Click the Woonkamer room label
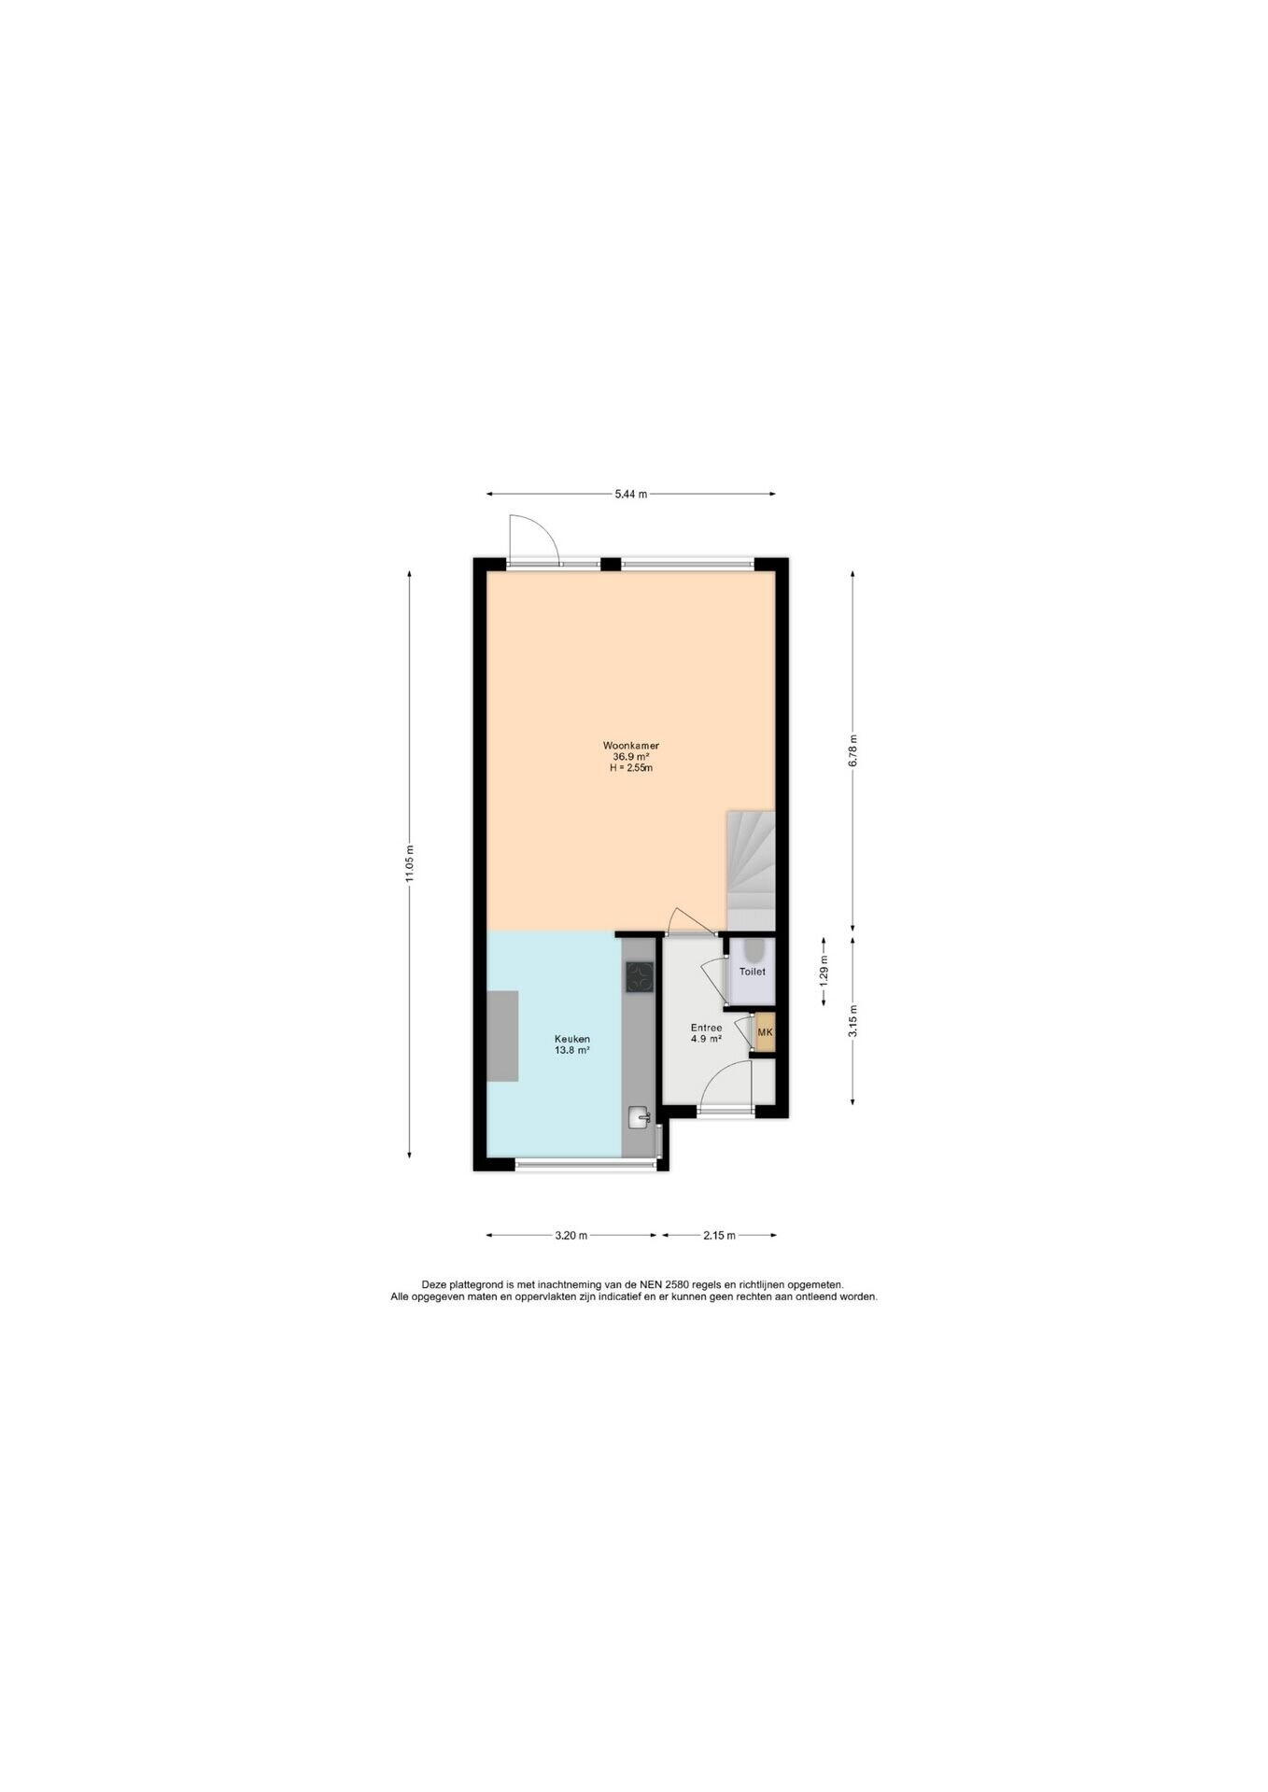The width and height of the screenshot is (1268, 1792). (631, 746)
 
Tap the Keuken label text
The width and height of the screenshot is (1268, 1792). (572, 1039)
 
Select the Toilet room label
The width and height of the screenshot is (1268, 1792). (753, 972)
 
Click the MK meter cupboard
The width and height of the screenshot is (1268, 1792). (766, 1032)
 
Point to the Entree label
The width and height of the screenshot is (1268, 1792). (706, 1028)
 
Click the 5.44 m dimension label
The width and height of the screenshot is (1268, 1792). (631, 495)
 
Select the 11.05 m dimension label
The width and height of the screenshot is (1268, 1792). (409, 863)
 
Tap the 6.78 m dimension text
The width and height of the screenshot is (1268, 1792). (852, 750)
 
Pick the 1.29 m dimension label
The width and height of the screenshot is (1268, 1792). (823, 971)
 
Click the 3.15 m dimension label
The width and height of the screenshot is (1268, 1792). (852, 1020)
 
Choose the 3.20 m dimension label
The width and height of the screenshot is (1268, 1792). (571, 1236)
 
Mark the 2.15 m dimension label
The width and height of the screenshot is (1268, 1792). (720, 1236)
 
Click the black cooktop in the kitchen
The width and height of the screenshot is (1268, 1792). (640, 977)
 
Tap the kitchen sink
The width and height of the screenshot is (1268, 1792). (641, 1116)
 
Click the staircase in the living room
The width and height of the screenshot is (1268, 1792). (751, 870)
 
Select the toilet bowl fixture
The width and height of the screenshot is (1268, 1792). (753, 950)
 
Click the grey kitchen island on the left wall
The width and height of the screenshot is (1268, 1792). (502, 1036)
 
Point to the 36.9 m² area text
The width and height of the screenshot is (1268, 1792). (631, 757)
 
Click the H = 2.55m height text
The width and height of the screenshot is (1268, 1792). (631, 768)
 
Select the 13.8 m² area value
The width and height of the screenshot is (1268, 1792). (572, 1050)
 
